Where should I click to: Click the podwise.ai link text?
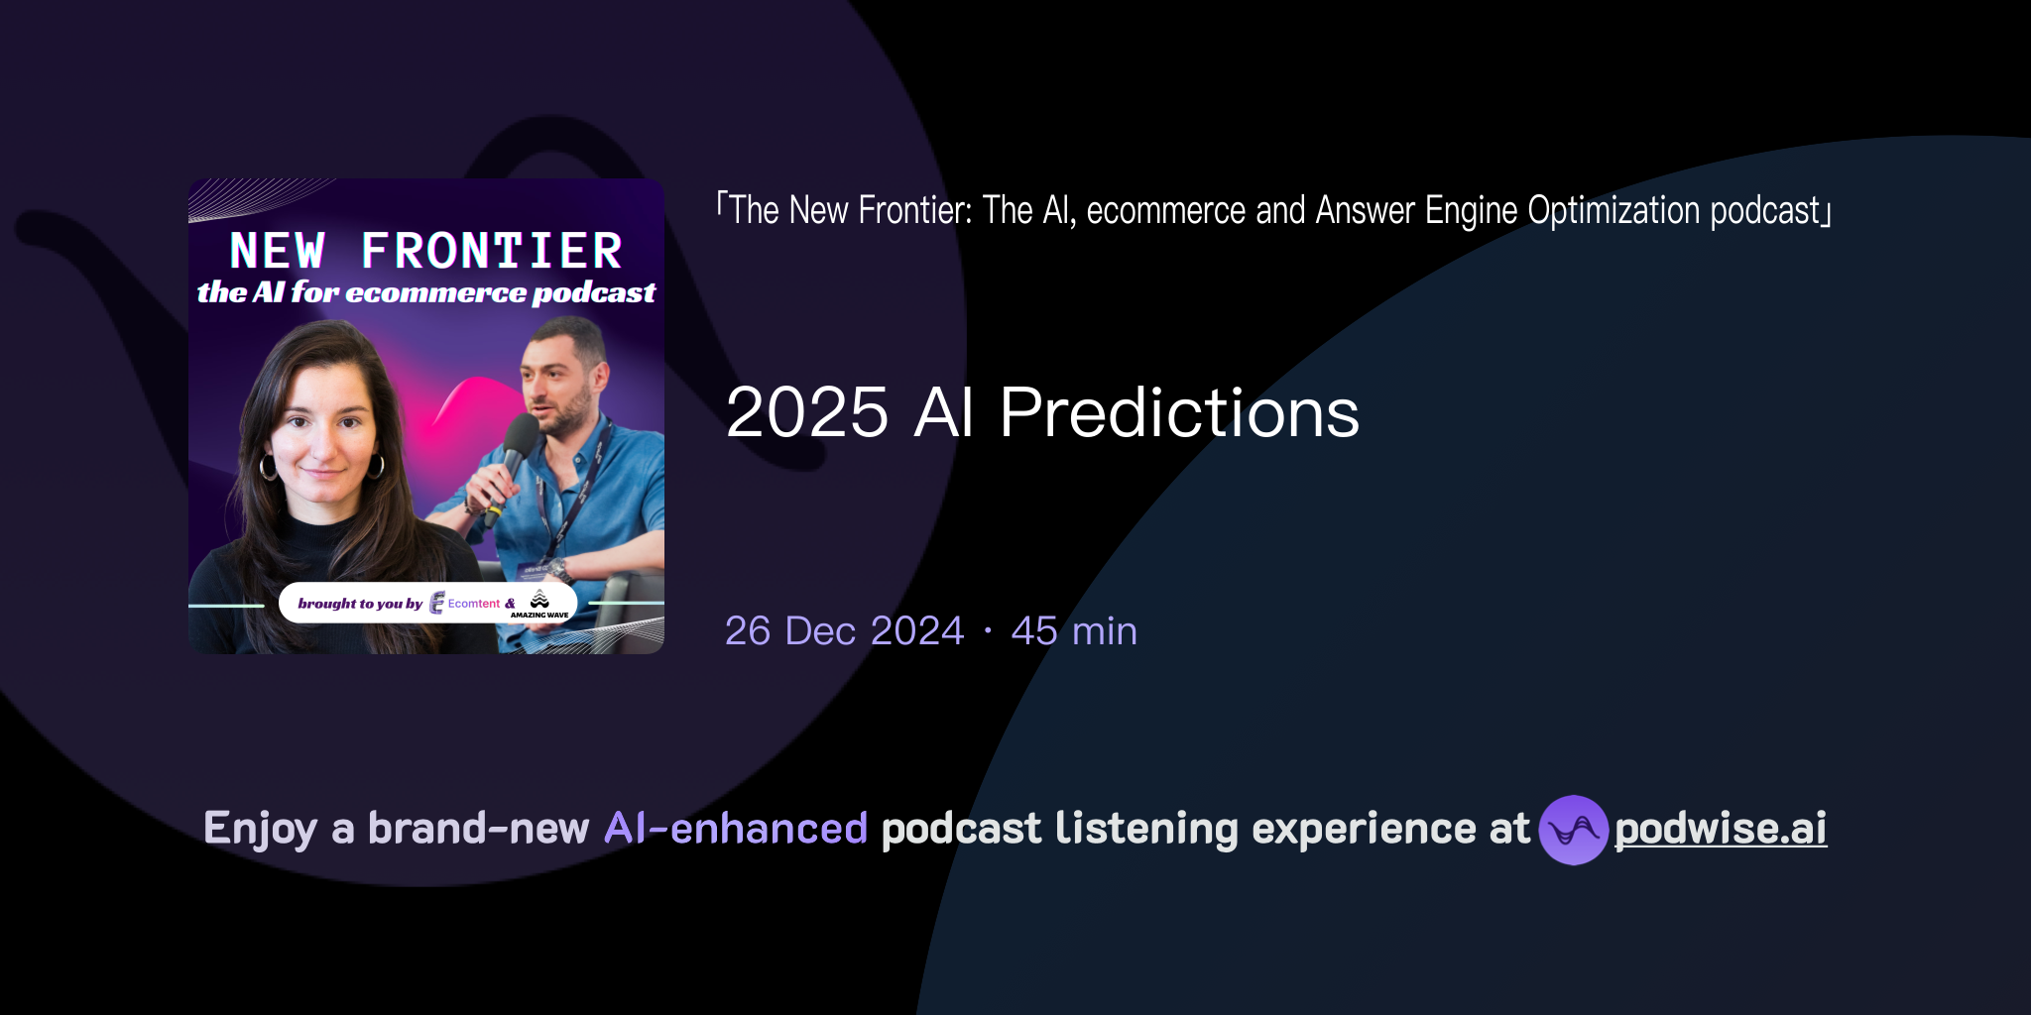click(1721, 830)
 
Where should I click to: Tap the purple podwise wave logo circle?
click(1573, 830)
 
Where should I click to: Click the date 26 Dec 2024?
click(844, 631)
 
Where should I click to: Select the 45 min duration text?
click(1074, 631)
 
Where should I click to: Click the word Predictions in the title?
click(1179, 412)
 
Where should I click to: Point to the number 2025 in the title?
click(807, 412)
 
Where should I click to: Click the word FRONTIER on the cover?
click(492, 251)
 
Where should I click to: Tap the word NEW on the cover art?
click(278, 251)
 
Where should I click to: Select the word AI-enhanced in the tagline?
click(736, 829)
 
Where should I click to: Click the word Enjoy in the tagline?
click(260, 829)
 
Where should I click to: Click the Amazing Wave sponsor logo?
click(539, 603)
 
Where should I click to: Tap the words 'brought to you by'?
click(360, 604)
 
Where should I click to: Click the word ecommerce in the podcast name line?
click(1165, 211)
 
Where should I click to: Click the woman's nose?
click(324, 444)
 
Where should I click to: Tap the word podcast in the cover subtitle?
click(594, 293)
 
